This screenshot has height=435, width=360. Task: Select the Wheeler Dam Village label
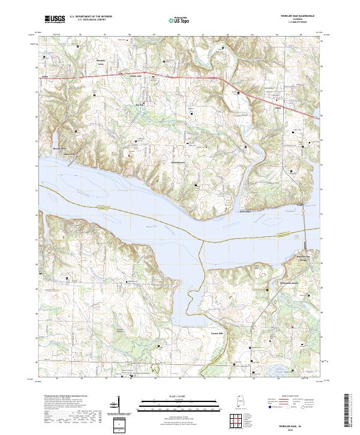(307, 258)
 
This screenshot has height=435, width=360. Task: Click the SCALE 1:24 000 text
(178, 395)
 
